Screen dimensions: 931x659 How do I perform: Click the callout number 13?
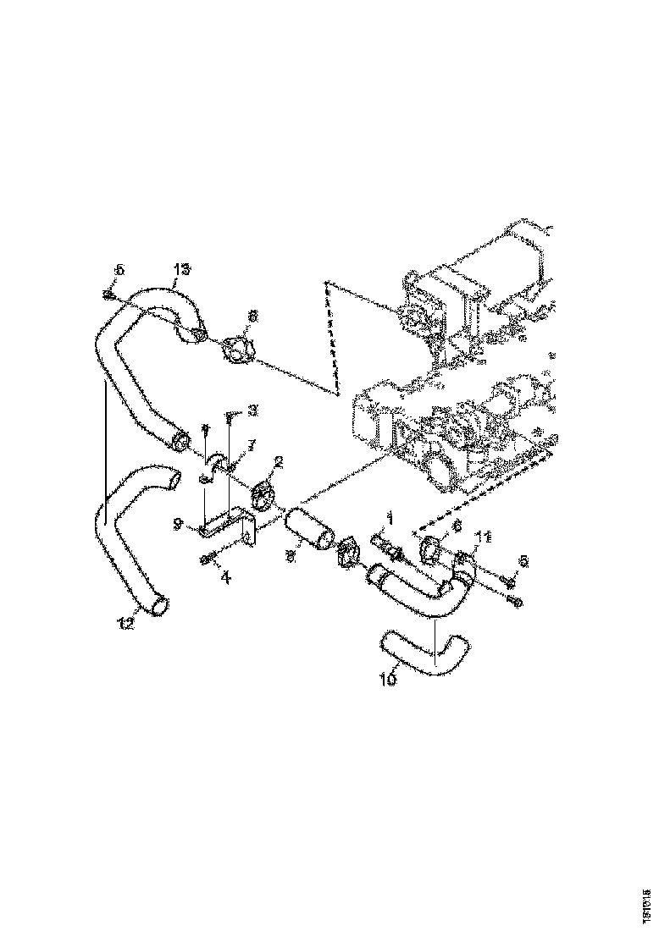[181, 269]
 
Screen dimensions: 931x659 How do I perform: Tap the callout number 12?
[126, 624]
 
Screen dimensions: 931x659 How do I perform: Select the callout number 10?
[388, 679]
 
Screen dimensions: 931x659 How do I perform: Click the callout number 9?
[179, 525]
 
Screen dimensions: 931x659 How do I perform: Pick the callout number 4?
[225, 578]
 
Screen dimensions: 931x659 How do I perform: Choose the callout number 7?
[251, 445]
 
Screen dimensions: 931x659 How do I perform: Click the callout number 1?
[390, 515]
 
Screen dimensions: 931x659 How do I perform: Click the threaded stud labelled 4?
[208, 559]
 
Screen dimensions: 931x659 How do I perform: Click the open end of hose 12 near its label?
[160, 605]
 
